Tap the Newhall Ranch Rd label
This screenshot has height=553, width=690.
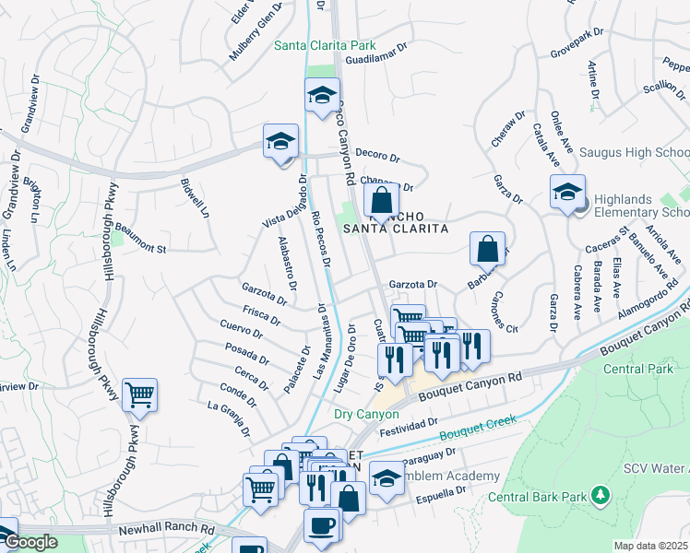point(166,531)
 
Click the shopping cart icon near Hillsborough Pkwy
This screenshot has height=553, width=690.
point(140,395)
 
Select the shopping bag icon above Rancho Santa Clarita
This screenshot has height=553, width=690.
point(381,198)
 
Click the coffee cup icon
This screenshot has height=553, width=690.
point(321,524)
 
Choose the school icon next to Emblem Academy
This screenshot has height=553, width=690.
point(386,477)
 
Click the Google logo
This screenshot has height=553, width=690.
point(30,542)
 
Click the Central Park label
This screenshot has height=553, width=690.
point(637,369)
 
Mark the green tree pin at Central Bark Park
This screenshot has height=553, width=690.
point(601,496)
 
